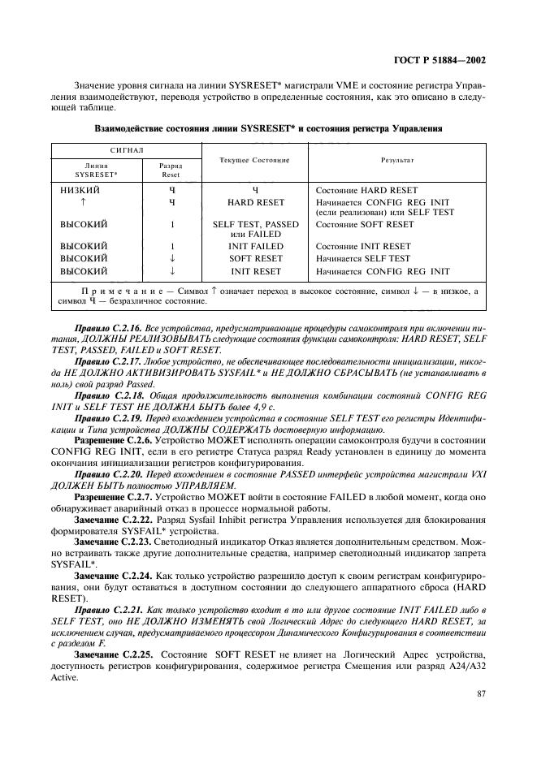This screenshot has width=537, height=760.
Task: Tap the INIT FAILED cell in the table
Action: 256,246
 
